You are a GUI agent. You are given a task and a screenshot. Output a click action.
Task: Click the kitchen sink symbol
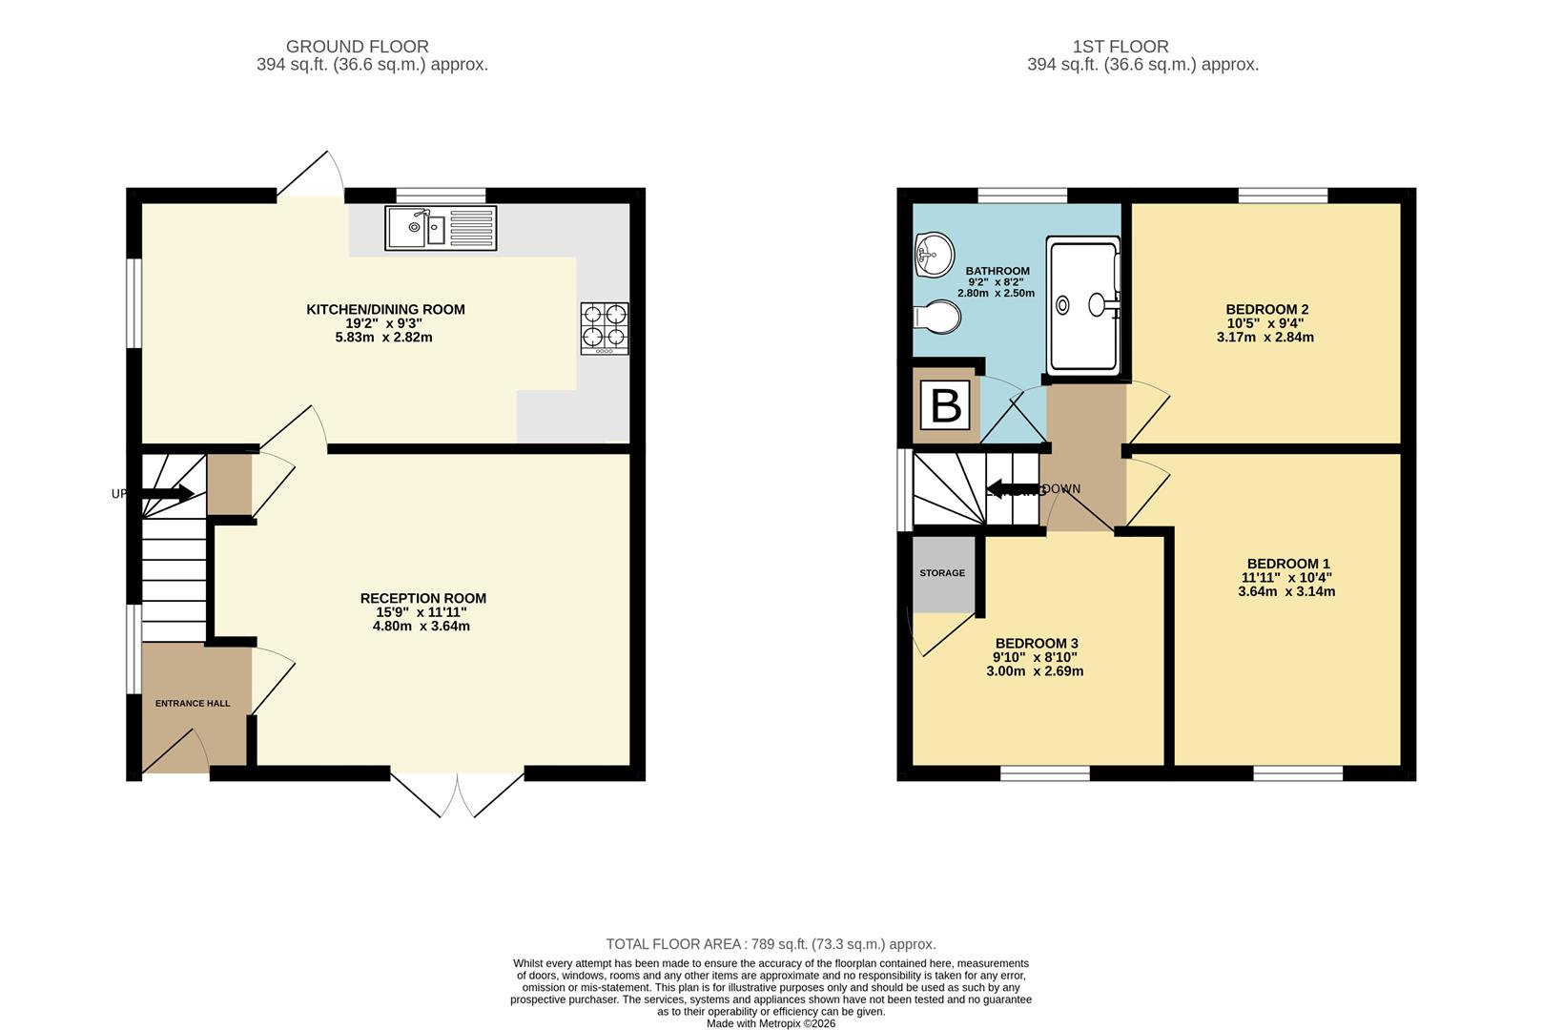point(441,228)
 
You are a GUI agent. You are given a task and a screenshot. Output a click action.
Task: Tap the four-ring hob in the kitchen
point(605,328)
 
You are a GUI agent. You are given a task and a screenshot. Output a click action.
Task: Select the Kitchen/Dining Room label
point(385,309)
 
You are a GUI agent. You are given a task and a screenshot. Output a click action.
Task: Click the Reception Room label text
point(422,598)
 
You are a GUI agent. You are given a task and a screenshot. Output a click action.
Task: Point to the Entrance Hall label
point(193,704)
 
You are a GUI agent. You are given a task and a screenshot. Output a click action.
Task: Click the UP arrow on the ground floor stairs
point(168,493)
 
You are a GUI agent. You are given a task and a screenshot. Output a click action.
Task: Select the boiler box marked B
point(945,405)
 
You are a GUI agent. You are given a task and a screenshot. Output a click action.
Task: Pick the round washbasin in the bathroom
point(935,254)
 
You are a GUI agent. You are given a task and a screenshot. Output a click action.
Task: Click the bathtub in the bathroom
point(1083,305)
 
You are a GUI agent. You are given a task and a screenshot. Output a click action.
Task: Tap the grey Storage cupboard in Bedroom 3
point(942,574)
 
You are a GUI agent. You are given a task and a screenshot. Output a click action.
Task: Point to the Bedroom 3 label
point(1036,644)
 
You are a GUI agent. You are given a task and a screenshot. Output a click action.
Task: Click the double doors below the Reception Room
point(458,793)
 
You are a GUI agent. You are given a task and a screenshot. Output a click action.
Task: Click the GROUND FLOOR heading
point(358,46)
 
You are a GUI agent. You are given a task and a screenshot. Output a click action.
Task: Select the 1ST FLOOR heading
point(1120,46)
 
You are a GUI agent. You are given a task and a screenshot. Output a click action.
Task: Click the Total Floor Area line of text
point(771,944)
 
